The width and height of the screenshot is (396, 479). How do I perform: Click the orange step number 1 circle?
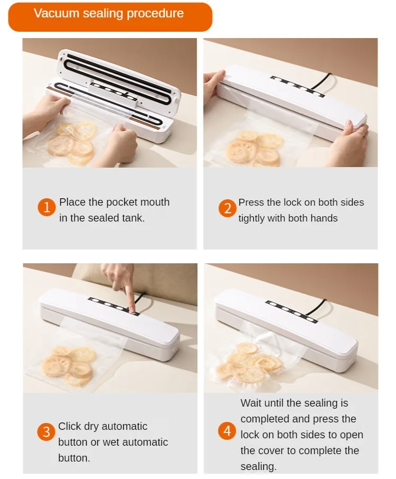(x=47, y=207)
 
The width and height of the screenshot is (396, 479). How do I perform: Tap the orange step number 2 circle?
(x=227, y=208)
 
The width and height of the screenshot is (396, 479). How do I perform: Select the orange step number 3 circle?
(x=46, y=432)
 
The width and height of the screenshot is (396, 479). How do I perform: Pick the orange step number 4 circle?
(x=227, y=431)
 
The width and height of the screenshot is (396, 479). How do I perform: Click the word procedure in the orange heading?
(x=155, y=14)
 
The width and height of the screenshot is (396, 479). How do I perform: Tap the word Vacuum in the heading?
(x=57, y=13)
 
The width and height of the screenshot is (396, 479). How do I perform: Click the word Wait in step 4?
(x=251, y=403)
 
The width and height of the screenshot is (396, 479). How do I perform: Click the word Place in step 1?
(x=72, y=202)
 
